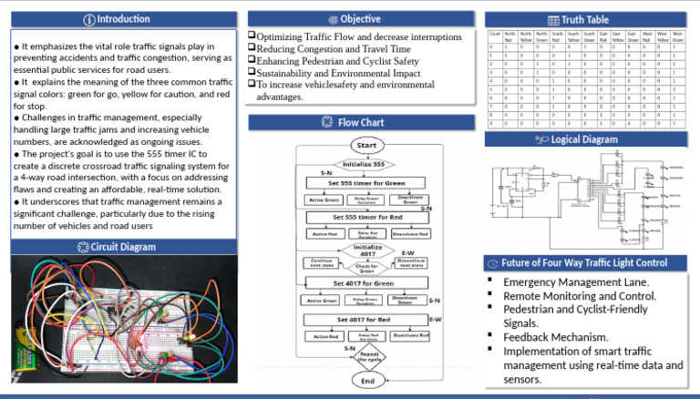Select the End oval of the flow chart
coord(366,379)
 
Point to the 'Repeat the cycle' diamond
coord(368,356)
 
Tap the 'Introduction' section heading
coord(124,19)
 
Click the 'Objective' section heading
coord(360,18)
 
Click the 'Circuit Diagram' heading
coord(124,247)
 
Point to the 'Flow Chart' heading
coord(360,121)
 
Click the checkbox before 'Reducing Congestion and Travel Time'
coord(252,48)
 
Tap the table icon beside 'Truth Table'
coord(552,19)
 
